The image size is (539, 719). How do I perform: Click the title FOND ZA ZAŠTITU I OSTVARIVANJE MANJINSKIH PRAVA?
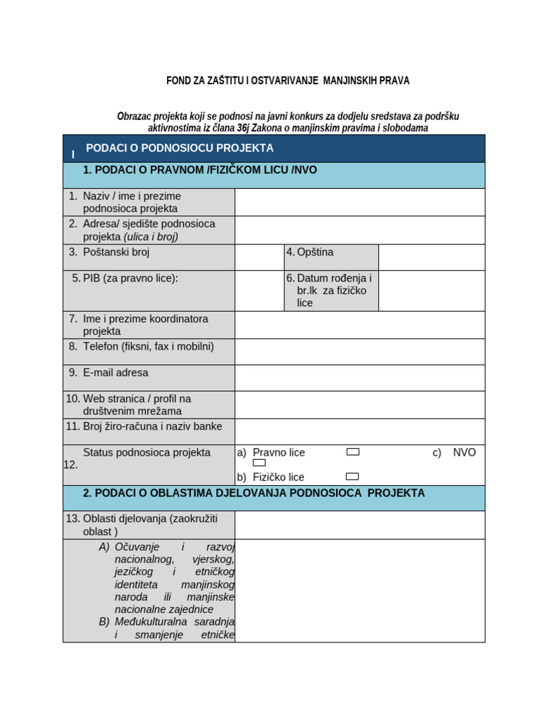point(288,81)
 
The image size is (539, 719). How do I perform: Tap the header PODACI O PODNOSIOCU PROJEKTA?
point(180,148)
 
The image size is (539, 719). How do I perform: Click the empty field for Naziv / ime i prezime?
point(359,202)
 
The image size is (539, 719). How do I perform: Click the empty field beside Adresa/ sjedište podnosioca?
point(359,230)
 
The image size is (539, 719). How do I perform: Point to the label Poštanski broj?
point(116,252)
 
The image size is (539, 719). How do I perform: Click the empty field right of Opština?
point(431,257)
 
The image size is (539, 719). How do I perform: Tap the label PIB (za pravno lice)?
point(131,278)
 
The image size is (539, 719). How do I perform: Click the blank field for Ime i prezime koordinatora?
point(359,325)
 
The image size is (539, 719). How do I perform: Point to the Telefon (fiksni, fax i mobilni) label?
point(148,346)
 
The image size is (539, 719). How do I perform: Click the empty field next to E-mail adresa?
point(359,378)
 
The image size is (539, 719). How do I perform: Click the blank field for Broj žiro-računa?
point(359,431)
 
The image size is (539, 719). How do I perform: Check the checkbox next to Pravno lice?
point(353,452)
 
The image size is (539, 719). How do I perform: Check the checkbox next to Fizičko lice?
point(352,477)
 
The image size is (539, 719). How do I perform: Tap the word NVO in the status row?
point(464,452)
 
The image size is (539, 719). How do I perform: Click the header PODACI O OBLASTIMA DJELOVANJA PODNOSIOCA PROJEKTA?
point(253,493)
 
